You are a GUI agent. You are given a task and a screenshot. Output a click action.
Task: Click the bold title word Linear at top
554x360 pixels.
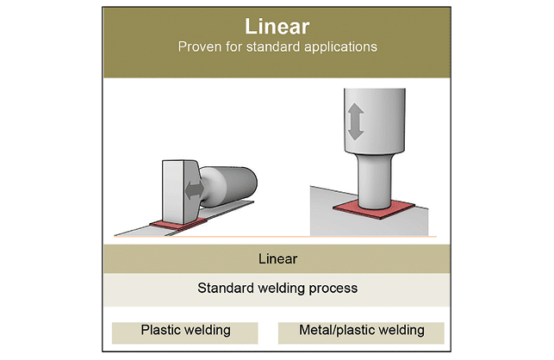277,26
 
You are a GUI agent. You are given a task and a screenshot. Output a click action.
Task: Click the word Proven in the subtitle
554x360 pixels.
200,47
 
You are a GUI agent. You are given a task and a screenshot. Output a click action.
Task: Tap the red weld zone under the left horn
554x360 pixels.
177,224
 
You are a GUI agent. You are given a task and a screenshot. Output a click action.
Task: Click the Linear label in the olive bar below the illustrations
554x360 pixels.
277,258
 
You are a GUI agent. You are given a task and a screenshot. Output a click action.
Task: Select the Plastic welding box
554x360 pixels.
185,331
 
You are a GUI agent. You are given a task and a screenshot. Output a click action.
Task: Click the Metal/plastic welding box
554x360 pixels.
361,331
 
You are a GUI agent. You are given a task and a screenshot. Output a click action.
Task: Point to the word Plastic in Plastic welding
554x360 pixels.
160,331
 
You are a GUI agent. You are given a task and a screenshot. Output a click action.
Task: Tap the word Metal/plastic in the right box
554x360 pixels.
337,331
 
